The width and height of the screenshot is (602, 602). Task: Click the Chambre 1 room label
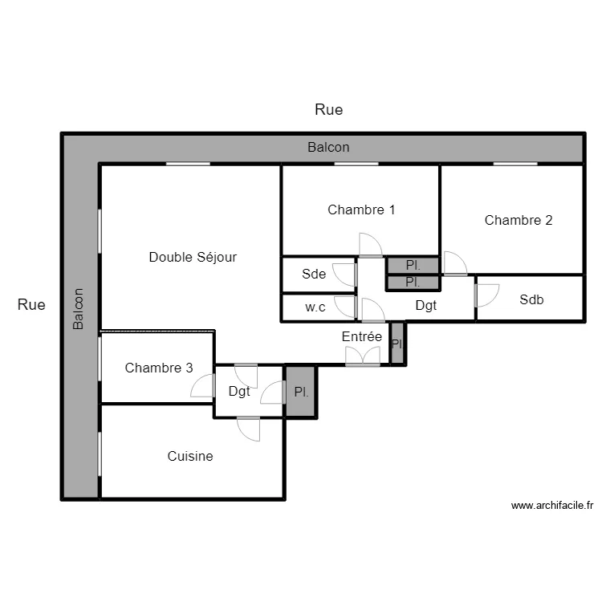point(361,210)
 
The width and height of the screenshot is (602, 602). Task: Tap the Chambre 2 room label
point(519,220)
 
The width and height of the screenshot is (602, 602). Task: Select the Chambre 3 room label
point(159,368)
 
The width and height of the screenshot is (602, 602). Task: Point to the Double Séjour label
point(193,258)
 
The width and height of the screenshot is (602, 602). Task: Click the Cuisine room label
point(190,457)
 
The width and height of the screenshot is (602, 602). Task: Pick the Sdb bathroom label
point(531,300)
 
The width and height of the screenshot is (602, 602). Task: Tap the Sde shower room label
point(314,274)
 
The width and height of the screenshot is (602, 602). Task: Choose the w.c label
point(315,307)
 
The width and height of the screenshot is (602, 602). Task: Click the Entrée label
point(362,337)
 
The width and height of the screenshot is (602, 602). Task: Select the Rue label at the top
point(329,110)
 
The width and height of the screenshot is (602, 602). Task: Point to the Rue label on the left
point(32,305)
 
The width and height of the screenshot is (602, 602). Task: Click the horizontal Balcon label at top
point(328,148)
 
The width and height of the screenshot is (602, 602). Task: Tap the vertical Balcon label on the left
point(79,310)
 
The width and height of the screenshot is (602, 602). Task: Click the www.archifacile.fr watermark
point(552,506)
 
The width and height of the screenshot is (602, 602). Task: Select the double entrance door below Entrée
point(363,358)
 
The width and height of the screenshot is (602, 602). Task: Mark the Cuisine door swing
point(249,429)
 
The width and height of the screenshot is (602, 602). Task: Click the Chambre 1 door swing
point(370,246)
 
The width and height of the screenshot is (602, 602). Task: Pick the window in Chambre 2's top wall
point(515,164)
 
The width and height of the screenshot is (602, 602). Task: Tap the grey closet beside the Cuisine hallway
point(301,392)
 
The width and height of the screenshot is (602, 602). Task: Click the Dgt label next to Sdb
point(426,305)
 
